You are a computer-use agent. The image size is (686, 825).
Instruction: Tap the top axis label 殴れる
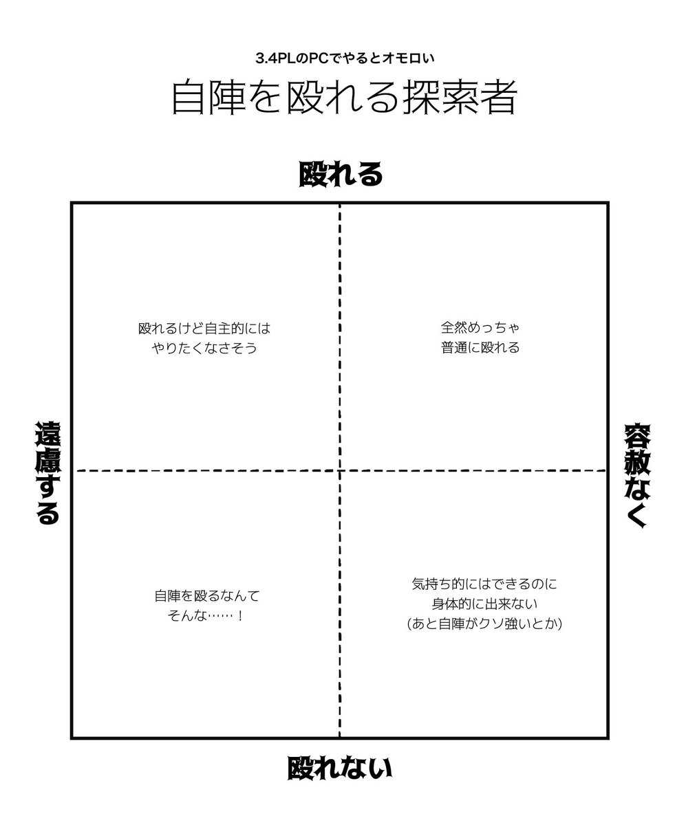click(341, 175)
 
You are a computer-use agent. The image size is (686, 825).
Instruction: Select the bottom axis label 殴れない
click(340, 768)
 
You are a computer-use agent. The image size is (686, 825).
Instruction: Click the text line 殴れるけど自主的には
click(204, 329)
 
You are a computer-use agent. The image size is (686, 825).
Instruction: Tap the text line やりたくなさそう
click(204, 348)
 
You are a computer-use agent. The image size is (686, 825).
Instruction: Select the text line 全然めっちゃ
click(480, 329)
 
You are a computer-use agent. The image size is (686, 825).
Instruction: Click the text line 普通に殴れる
click(480, 348)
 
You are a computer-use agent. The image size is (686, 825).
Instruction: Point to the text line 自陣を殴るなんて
click(207, 596)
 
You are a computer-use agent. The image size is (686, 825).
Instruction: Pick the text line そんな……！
click(206, 615)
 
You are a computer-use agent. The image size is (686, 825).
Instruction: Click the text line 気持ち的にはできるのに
click(484, 585)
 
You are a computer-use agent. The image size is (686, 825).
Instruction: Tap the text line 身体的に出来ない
click(484, 604)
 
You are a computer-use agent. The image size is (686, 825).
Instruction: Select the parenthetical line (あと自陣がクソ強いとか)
click(484, 624)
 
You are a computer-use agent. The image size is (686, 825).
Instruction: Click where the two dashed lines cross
click(340, 470)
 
